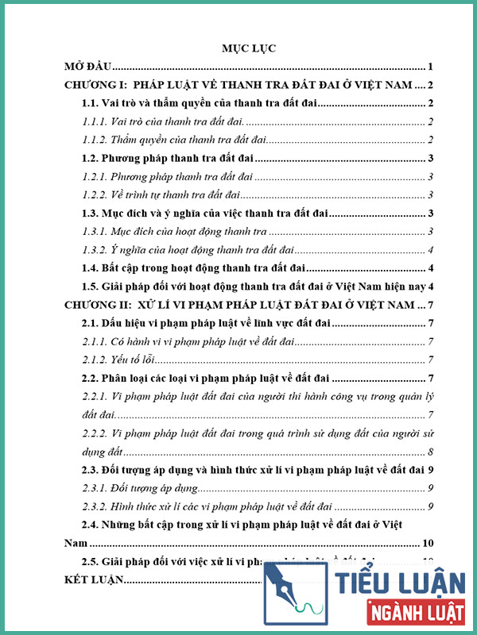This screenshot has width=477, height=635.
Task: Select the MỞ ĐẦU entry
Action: [89, 67]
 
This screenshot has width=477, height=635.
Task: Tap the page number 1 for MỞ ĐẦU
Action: [429, 67]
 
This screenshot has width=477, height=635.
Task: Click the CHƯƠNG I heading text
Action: [238, 85]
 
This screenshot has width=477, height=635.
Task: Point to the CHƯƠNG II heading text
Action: [238, 305]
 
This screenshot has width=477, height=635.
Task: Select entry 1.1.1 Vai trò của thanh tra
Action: [163, 121]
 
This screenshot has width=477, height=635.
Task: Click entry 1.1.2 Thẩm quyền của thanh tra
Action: [172, 140]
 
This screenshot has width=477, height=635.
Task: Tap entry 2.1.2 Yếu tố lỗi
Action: [118, 360]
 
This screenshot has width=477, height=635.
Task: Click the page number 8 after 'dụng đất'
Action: [429, 452]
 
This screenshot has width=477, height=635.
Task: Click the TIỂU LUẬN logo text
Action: [401, 582]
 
